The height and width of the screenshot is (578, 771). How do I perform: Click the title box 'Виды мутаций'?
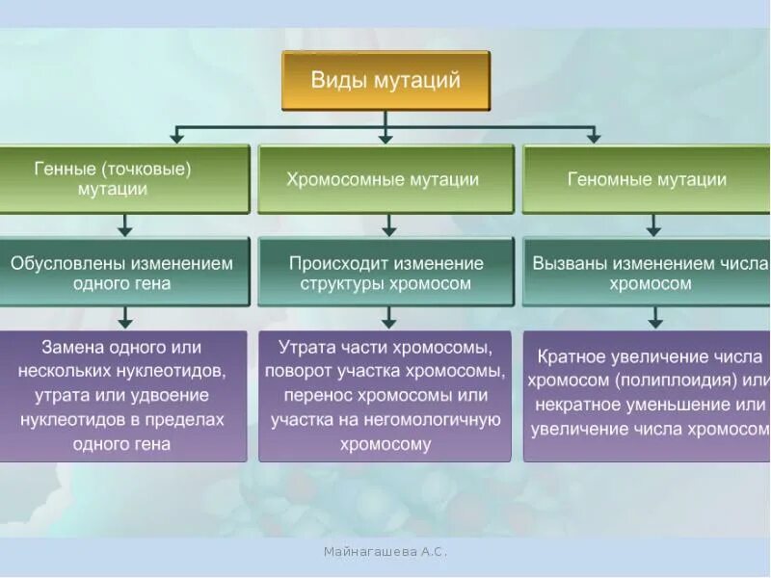click(x=385, y=81)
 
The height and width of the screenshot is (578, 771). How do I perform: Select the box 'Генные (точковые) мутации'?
click(x=124, y=179)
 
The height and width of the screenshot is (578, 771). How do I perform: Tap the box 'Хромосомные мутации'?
click(x=385, y=179)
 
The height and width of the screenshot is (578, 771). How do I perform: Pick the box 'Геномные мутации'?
click(x=647, y=179)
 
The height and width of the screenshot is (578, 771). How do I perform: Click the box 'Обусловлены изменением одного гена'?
click(x=124, y=273)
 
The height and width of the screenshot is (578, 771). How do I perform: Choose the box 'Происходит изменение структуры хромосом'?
click(x=385, y=273)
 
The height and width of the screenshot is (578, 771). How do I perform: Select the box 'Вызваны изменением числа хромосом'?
click(x=649, y=273)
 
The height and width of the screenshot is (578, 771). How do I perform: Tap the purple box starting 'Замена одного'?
click(x=122, y=395)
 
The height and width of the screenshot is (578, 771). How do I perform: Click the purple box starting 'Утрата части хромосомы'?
click(x=385, y=395)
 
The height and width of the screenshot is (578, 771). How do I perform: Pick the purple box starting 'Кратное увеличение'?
click(x=649, y=395)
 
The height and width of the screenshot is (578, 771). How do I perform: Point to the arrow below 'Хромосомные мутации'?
click(x=388, y=225)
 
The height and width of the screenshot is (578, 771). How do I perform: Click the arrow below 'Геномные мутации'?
click(x=653, y=225)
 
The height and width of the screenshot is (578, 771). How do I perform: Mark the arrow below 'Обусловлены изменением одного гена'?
click(x=125, y=319)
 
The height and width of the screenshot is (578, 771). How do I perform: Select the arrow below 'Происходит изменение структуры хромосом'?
click(x=388, y=319)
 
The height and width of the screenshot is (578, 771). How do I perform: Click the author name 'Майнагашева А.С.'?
click(x=385, y=551)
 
